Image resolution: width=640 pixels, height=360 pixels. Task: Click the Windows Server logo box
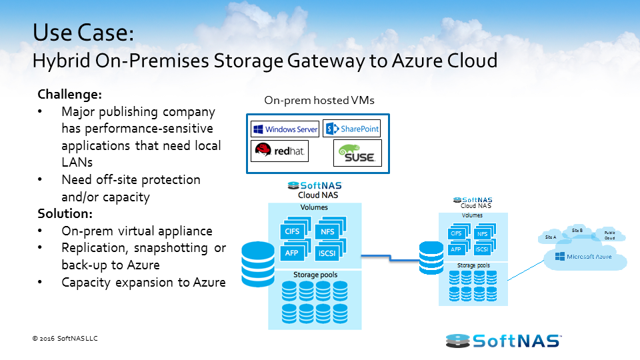tap(285, 129)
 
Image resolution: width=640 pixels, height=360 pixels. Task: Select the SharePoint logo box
tap(351, 129)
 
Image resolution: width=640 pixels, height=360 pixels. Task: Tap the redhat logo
tap(281, 152)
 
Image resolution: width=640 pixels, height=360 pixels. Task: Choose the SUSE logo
tap(357, 153)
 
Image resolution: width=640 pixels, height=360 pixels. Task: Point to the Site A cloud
tap(551, 237)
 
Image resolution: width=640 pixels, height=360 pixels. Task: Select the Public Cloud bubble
tap(610, 235)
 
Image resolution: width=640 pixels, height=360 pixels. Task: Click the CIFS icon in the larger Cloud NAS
tap(291, 231)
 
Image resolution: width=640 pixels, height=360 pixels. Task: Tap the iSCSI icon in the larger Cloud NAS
tap(328, 253)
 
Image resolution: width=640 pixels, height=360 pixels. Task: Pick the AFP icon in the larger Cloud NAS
tap(291, 253)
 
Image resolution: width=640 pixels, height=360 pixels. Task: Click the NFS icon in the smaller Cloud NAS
tap(482, 234)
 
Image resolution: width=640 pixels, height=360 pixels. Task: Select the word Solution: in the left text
tap(65, 214)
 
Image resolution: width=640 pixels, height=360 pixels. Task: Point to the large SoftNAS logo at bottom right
tap(503, 340)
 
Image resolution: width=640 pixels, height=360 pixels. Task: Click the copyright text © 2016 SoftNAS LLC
tap(65, 339)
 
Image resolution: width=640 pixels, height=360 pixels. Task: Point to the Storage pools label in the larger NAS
tap(315, 275)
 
